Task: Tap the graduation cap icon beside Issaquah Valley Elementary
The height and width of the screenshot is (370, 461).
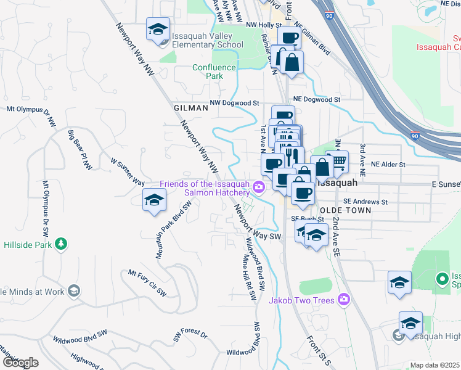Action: (x=158, y=29)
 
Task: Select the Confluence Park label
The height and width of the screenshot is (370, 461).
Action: (x=214, y=72)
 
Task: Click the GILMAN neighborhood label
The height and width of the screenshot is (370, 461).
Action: (x=187, y=107)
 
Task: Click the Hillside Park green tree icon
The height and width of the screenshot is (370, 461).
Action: (x=60, y=244)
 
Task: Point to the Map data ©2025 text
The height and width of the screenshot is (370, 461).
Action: (x=434, y=365)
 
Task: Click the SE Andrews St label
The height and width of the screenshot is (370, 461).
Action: (x=365, y=202)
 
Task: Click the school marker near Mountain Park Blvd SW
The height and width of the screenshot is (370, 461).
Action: (x=154, y=200)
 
